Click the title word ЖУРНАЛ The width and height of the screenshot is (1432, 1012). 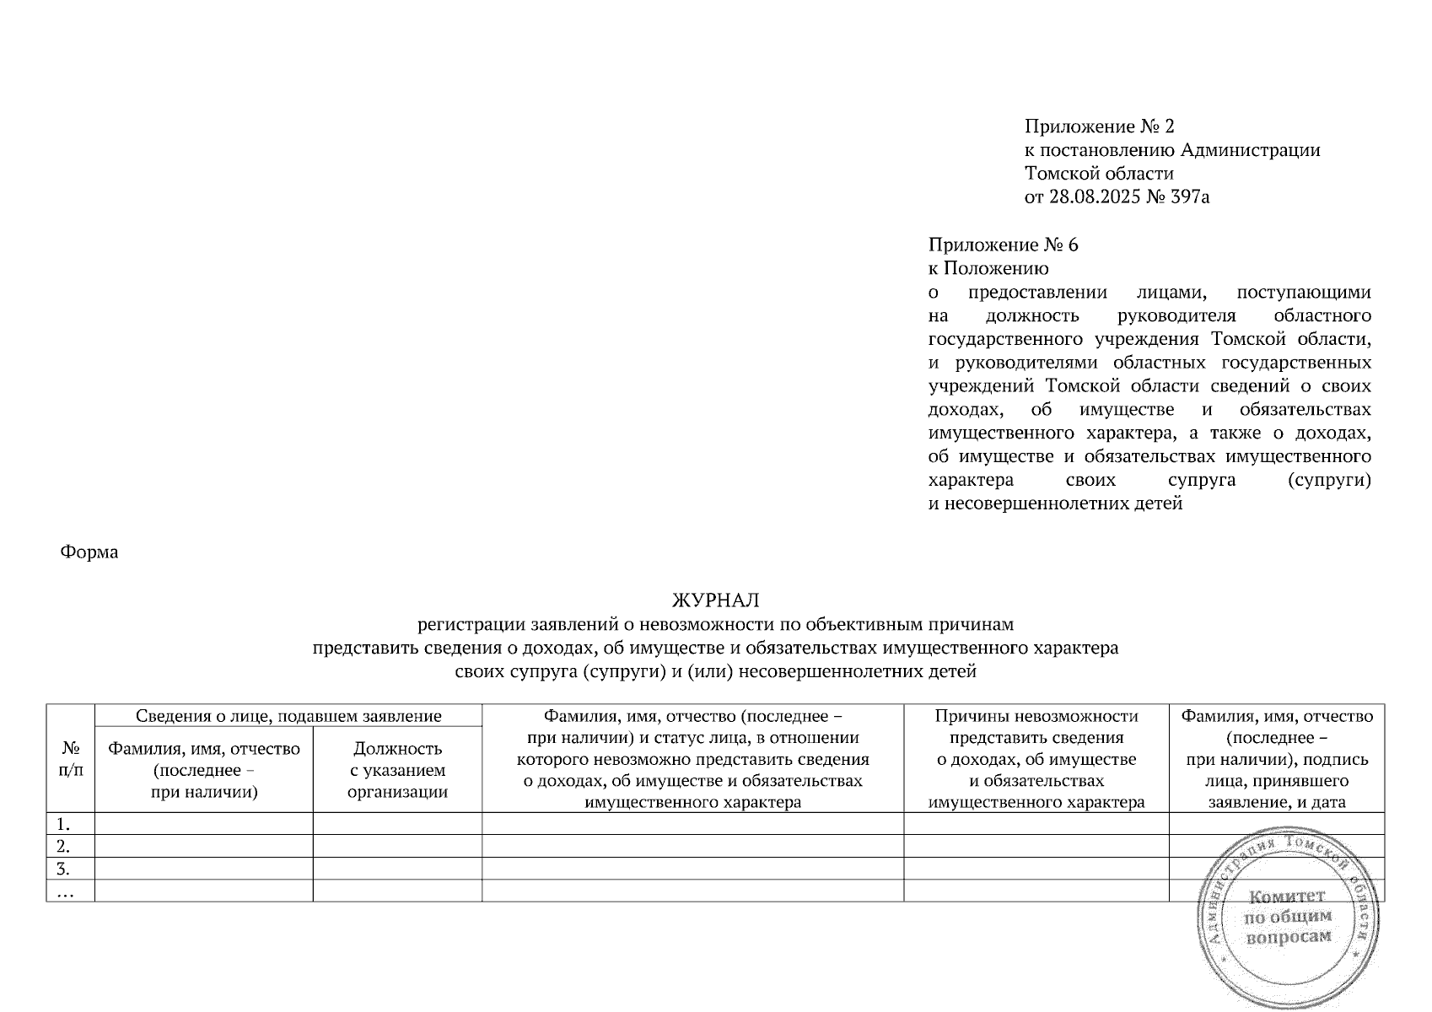point(715,600)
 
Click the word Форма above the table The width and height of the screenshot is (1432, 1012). point(89,552)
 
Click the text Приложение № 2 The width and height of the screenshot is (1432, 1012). point(1099,126)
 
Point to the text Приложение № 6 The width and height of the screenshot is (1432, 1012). point(1003,245)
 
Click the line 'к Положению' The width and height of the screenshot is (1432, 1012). point(988,269)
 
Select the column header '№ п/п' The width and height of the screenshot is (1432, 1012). point(71,758)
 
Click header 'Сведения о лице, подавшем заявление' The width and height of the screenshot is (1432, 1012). point(288,716)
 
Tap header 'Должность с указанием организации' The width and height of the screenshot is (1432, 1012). point(397,770)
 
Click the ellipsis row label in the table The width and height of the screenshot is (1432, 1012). point(63,891)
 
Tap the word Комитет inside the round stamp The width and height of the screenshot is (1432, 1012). point(1286,896)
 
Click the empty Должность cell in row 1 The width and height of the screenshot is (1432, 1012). point(397,824)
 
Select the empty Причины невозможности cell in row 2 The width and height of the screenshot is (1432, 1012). point(1036,846)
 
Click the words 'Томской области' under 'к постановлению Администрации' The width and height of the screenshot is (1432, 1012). point(1099,174)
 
